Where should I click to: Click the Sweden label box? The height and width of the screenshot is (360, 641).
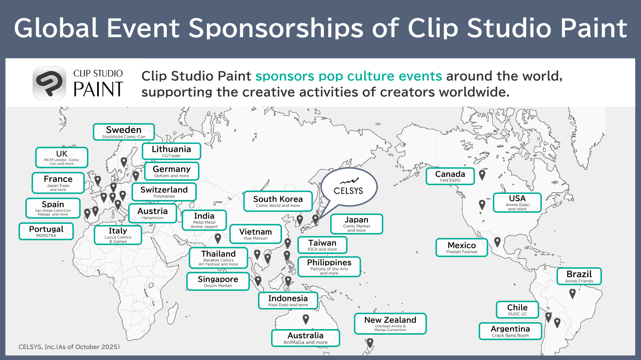pyautogui.click(x=124, y=132)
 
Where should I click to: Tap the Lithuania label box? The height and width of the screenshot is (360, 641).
pyautogui.click(x=171, y=151)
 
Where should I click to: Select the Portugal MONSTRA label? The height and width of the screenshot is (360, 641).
pyautogui.click(x=46, y=231)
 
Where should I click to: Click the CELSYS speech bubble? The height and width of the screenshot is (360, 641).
pyautogui.click(x=349, y=188)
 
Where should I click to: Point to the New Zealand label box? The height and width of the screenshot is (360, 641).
pyautogui.click(x=390, y=324)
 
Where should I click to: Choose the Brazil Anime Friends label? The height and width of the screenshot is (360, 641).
pyautogui.click(x=579, y=276)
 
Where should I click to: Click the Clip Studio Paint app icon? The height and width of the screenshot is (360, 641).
pyautogui.click(x=49, y=83)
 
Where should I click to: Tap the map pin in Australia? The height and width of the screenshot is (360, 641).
pyautogui.click(x=306, y=319)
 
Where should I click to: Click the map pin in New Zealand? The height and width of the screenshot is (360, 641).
pyautogui.click(x=370, y=343)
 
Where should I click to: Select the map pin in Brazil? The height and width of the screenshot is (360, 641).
pyautogui.click(x=572, y=294)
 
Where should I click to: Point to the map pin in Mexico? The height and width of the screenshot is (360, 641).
pyautogui.click(x=497, y=242)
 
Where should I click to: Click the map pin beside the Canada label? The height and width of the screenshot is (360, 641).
pyautogui.click(x=482, y=175)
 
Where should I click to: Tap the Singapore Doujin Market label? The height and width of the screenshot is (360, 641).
pyautogui.click(x=218, y=281)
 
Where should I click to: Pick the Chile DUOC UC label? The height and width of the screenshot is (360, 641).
pyautogui.click(x=517, y=310)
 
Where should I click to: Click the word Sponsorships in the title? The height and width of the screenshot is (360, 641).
pyautogui.click(x=276, y=28)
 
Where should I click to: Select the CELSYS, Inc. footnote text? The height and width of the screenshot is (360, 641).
pyautogui.click(x=69, y=347)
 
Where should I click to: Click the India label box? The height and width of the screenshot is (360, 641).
pyautogui.click(x=204, y=220)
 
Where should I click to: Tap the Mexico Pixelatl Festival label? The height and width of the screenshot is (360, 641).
pyautogui.click(x=461, y=247)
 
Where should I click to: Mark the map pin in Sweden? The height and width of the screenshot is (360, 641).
pyautogui.click(x=124, y=162)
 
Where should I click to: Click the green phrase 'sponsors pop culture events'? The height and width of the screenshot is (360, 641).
pyautogui.click(x=349, y=76)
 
